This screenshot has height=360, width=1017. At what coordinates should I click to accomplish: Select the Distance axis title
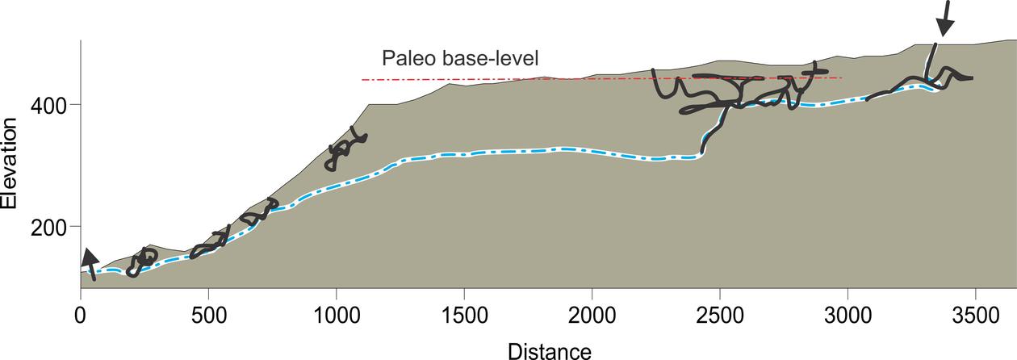pyautogui.click(x=549, y=350)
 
